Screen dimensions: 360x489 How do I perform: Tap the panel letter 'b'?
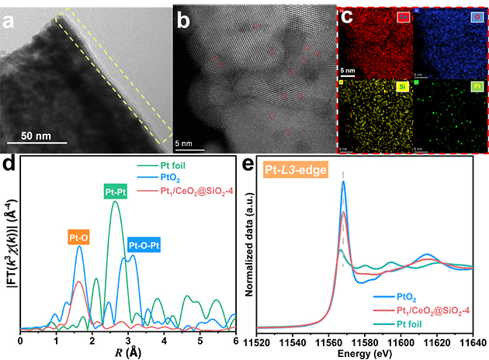(x=184, y=21)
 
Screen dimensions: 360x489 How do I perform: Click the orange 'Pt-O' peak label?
(x=78, y=230)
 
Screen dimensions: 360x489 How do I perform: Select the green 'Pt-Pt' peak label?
(x=114, y=190)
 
